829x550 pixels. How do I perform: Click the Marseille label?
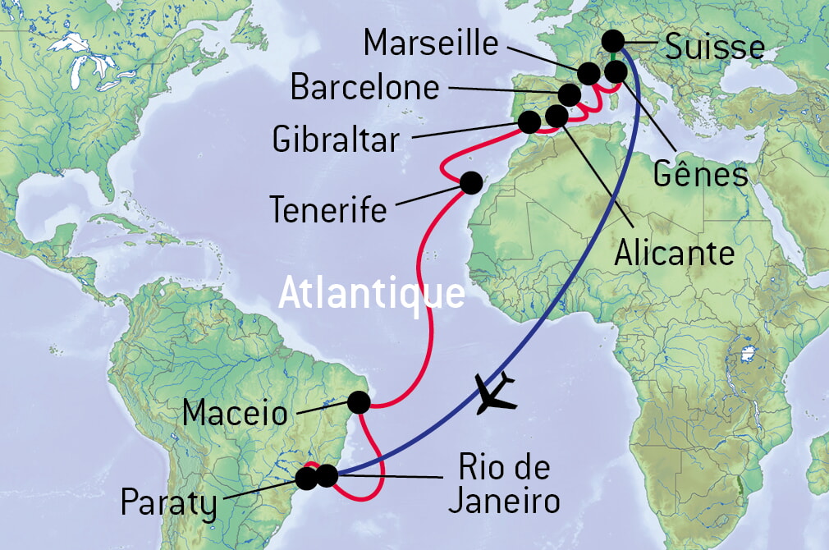click(431, 43)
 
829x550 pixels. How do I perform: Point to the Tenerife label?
click(328, 211)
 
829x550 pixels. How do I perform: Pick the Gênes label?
click(701, 174)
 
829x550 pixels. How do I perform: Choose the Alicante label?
click(674, 254)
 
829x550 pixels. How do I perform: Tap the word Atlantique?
click(372, 293)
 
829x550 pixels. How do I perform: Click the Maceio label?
click(236, 412)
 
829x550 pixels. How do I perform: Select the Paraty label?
click(169, 503)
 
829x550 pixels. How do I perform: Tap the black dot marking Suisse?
click(612, 40)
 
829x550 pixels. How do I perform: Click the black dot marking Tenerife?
click(471, 182)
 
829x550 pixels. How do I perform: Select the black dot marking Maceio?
click(359, 402)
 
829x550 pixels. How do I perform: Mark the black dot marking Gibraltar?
click(529, 122)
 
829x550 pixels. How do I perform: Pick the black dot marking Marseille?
click(589, 73)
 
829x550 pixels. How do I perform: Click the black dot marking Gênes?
click(616, 72)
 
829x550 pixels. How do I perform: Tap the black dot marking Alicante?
click(556, 116)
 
